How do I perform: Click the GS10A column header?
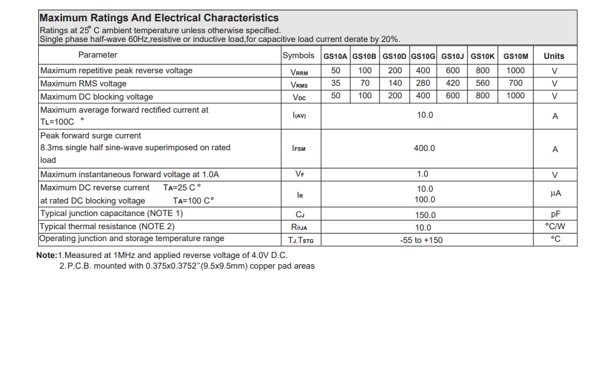(335, 56)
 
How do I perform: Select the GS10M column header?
(516, 56)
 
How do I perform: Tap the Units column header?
(554, 56)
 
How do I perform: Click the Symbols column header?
(299, 55)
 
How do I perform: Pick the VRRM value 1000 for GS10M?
(516, 71)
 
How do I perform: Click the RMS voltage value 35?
(336, 83)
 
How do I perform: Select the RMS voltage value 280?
(423, 83)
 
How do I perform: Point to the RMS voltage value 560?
(483, 83)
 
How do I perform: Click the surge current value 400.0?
(424, 148)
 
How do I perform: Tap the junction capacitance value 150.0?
(425, 215)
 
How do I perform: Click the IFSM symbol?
(299, 149)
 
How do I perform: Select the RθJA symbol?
(299, 227)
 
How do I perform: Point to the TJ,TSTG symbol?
(300, 240)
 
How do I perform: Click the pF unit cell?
(555, 214)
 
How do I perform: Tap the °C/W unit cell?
(555, 226)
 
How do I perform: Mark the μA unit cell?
(555, 194)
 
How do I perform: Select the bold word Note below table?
(46, 256)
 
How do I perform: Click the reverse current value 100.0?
(425, 200)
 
